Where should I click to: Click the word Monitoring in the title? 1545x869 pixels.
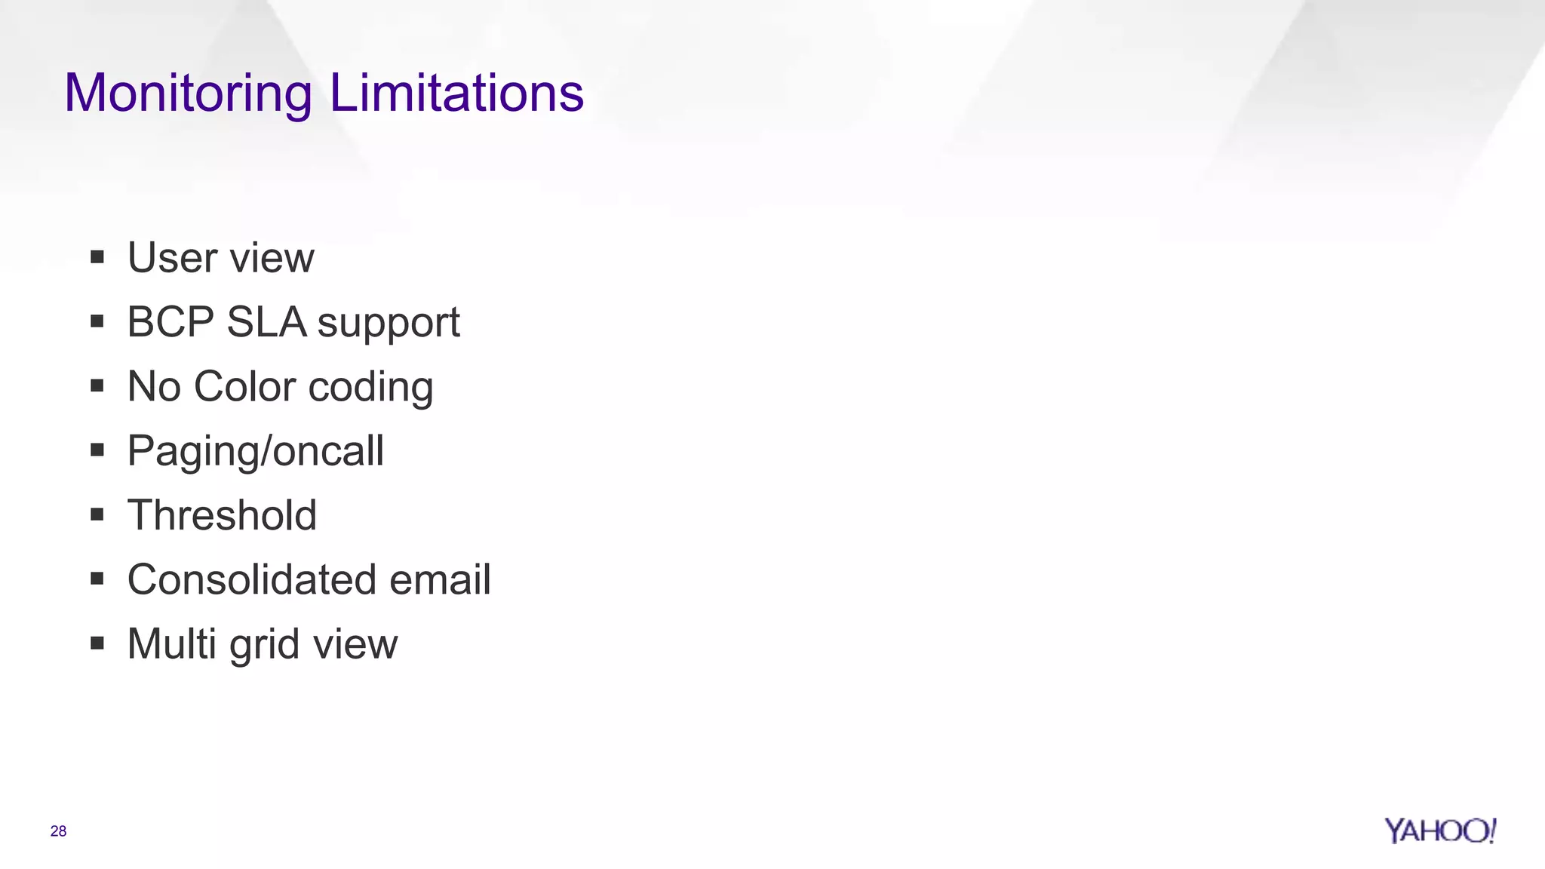[188, 94]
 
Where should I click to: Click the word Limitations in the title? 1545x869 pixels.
[456, 94]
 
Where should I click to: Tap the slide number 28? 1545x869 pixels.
[58, 831]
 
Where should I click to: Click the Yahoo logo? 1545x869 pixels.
[1439, 831]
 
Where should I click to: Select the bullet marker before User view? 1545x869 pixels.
[97, 258]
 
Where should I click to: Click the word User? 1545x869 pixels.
[173, 258]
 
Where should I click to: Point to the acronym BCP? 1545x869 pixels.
[171, 322]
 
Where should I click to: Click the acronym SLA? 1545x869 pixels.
[266, 322]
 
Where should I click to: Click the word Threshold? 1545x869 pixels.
[222, 515]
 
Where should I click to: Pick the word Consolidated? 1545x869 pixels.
[252, 580]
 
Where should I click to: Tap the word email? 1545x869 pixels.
[440, 580]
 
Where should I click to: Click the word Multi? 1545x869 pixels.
[172, 644]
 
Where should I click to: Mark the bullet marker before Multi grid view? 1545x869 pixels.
[97, 644]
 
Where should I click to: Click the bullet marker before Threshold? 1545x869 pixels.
[97, 515]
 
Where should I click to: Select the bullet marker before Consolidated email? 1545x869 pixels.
[97, 580]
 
